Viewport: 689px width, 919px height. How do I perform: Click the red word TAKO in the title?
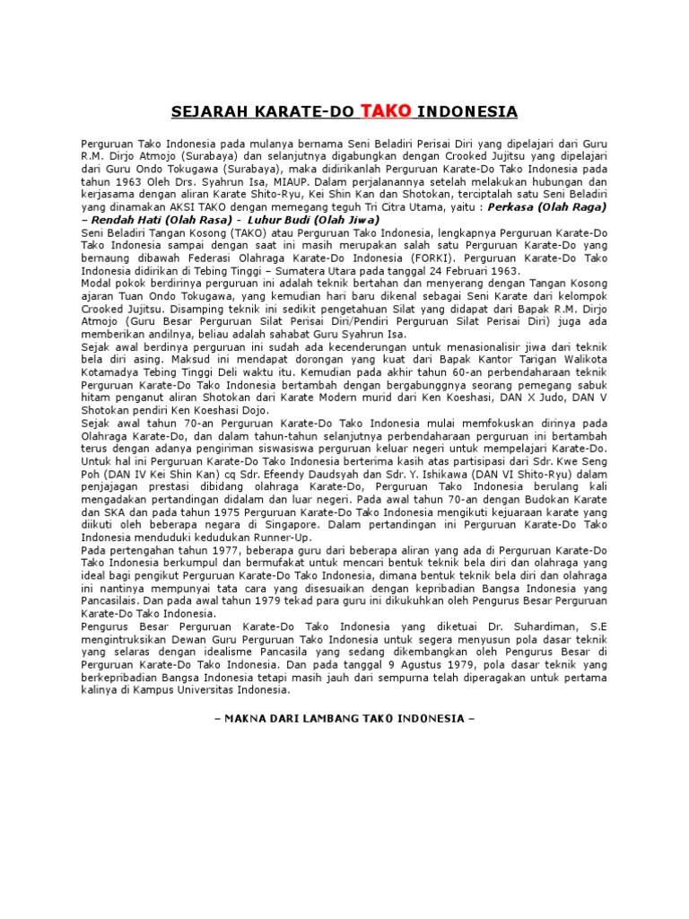(x=386, y=110)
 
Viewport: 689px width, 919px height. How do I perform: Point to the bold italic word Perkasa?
(x=511, y=206)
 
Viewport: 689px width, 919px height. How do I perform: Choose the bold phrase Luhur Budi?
(x=267, y=220)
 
